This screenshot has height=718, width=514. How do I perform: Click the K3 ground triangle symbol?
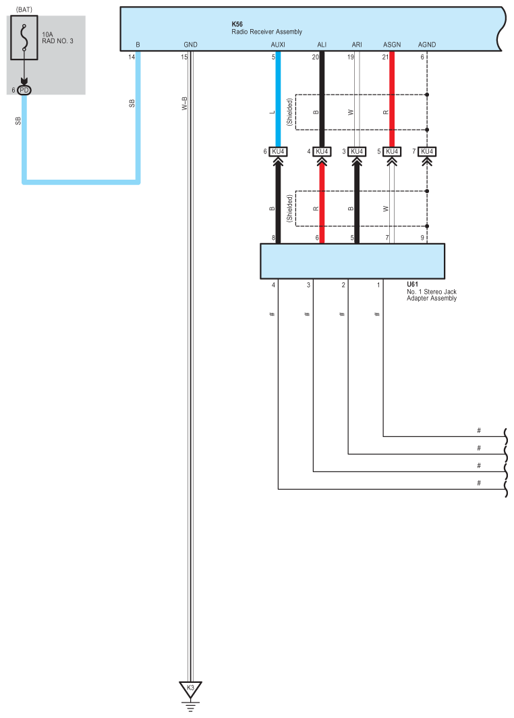[190, 688]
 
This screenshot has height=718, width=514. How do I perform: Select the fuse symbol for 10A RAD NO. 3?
[24, 43]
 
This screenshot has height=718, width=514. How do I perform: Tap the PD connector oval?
[24, 90]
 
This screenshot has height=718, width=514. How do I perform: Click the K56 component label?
[237, 24]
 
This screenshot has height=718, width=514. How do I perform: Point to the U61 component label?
[411, 285]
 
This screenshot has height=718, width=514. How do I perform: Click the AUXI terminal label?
[277, 45]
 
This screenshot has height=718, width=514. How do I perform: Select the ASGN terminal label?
[392, 45]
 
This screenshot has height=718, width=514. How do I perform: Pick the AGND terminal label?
[427, 45]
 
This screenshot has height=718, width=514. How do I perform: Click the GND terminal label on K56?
[190, 45]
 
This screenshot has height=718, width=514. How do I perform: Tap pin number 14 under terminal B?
[132, 57]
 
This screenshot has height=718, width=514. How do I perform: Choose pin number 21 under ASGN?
[384, 57]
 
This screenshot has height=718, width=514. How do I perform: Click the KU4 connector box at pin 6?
[279, 151]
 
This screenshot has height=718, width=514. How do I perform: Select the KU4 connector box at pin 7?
[427, 151]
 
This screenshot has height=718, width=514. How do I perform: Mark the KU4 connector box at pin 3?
[357, 151]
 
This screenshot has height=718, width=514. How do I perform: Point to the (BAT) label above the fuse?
[24, 9]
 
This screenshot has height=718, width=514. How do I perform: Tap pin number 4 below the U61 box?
[273, 286]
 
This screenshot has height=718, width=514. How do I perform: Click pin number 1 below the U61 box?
[378, 286]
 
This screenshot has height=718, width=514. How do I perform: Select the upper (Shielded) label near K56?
[289, 111]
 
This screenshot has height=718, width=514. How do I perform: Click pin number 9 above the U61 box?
[422, 238]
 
